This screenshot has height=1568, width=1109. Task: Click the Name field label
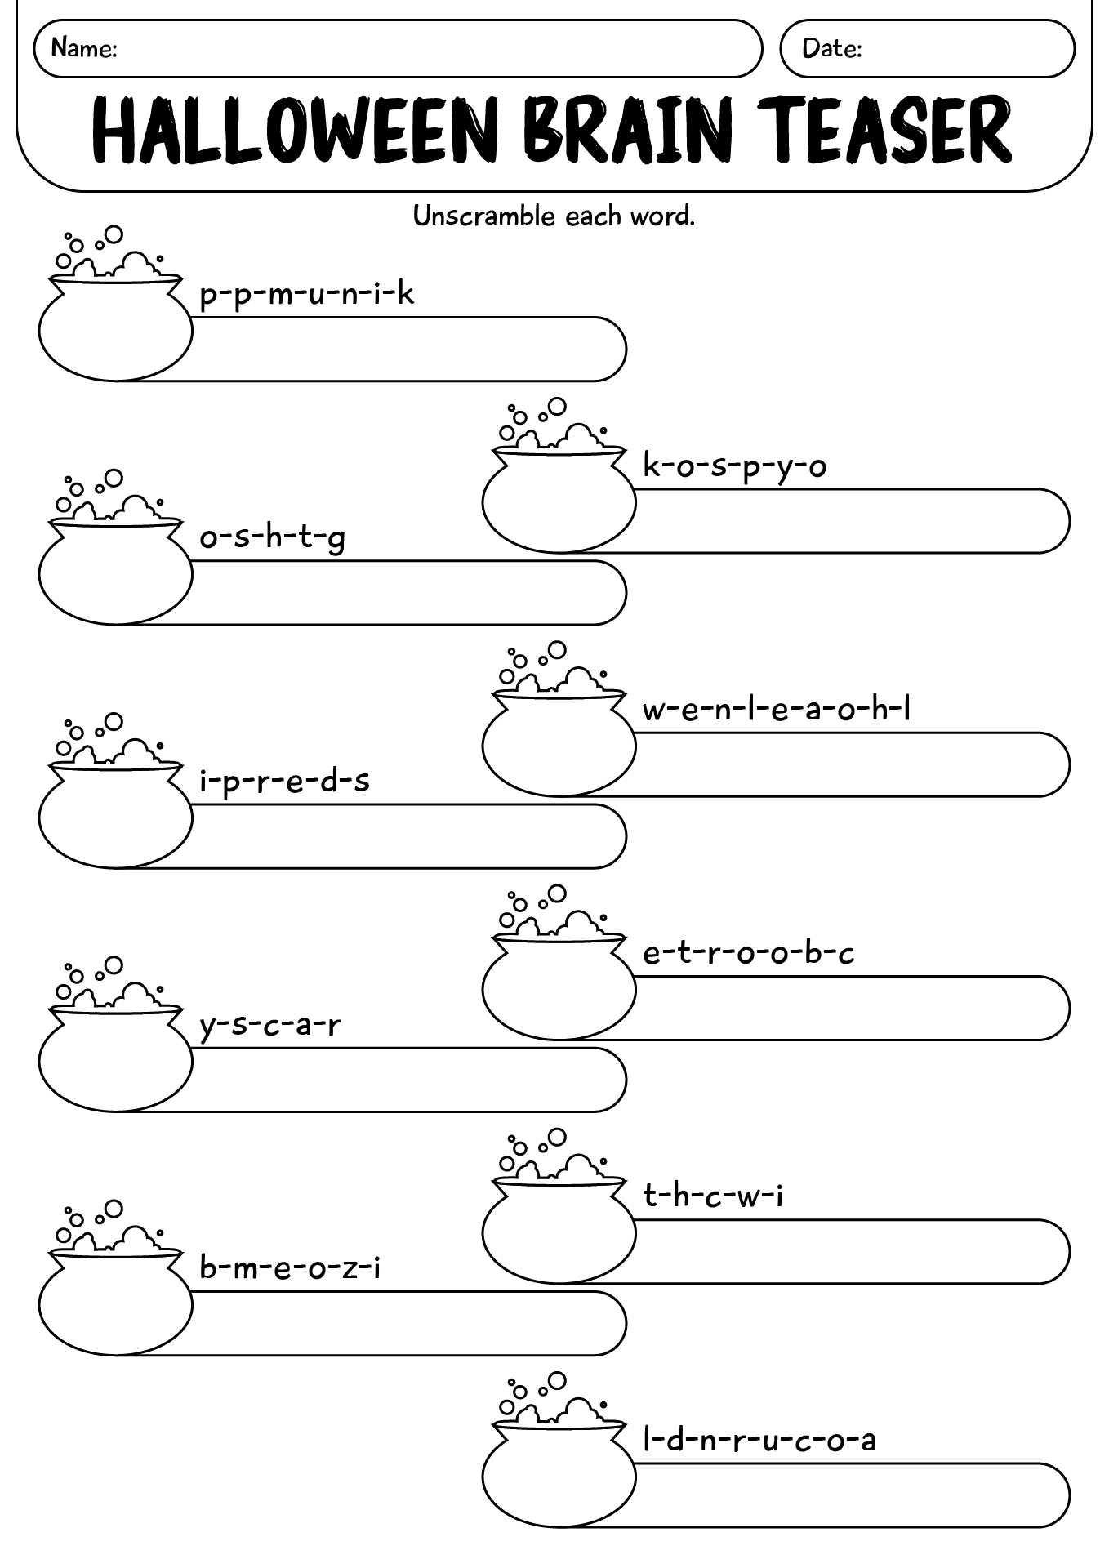point(84,48)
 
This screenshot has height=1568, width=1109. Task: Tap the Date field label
point(832,48)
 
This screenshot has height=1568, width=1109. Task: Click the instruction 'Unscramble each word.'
point(554,216)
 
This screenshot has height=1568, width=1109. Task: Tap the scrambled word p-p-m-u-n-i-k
point(307,294)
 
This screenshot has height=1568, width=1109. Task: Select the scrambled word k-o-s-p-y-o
point(735,467)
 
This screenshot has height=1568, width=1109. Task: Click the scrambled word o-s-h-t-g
point(273,539)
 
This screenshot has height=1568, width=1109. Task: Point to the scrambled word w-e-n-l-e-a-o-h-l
point(777,708)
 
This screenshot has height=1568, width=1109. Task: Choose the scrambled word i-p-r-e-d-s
point(285,782)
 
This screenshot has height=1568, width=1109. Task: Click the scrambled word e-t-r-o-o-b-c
point(749,952)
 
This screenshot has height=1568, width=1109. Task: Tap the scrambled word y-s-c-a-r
point(270,1025)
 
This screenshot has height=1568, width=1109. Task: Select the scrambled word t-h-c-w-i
point(714,1196)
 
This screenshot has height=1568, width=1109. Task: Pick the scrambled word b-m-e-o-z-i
point(291,1267)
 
